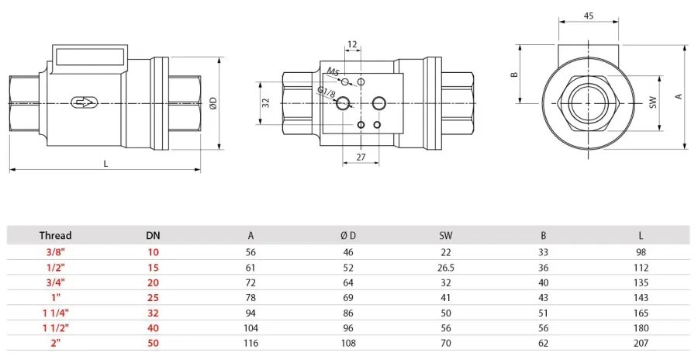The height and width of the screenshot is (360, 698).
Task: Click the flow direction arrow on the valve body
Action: click(83, 103)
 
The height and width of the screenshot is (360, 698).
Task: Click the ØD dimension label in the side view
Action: click(213, 103)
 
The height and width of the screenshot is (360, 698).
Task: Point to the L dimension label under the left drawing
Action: click(105, 164)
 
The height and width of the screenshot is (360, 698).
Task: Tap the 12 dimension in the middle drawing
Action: click(352, 44)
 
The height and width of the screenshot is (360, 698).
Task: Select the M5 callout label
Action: click(333, 71)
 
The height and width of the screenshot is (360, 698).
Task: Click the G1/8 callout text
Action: click(327, 92)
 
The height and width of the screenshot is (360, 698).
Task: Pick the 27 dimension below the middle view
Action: click(361, 157)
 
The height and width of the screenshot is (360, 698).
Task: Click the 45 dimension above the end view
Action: click(589, 16)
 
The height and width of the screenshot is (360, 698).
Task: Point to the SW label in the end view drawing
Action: click(653, 102)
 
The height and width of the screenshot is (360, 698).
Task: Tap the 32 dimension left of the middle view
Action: click(266, 103)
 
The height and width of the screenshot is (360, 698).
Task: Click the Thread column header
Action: click(55, 235)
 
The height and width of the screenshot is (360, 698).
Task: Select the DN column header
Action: click(153, 236)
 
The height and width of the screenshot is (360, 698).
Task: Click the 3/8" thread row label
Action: click(56, 252)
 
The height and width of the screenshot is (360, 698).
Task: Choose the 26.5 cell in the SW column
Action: click(446, 268)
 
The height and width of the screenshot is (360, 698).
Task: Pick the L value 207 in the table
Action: click(641, 343)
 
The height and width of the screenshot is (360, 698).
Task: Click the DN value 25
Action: click(153, 298)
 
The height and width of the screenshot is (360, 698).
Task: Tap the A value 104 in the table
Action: click(251, 328)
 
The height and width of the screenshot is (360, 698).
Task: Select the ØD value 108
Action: click(348, 343)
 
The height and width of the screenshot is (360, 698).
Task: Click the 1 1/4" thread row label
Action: click(56, 313)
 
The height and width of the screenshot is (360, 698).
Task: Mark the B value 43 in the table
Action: click(543, 298)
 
